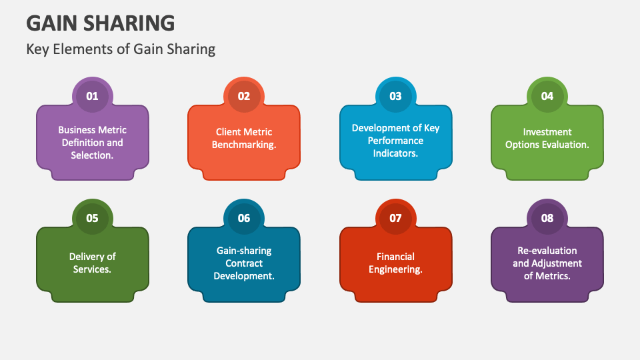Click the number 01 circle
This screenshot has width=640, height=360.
92,96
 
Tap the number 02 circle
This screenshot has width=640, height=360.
244,96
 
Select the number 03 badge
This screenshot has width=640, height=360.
396,96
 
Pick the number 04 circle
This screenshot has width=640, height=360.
547,96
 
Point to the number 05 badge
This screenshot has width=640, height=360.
92,218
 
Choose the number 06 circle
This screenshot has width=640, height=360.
244,218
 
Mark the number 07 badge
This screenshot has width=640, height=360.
396,218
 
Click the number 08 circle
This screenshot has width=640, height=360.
547,218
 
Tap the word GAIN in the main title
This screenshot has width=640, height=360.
50,23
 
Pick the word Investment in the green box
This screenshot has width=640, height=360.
547,132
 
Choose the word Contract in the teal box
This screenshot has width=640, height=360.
244,263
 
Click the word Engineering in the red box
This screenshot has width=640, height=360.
396,269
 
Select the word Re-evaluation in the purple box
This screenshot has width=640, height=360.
547,251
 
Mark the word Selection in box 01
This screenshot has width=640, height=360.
91,155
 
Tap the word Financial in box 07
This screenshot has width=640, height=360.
396,257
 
